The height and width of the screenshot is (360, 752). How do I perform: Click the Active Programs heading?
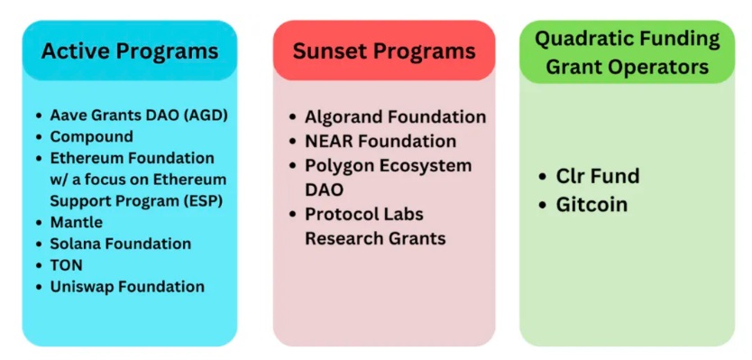(x=130, y=51)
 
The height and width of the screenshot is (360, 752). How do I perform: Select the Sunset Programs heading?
(x=384, y=51)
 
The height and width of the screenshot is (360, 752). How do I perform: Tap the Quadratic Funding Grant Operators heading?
(x=628, y=52)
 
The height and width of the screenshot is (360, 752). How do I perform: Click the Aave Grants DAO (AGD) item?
(x=139, y=115)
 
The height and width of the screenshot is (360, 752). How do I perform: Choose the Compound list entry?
(x=92, y=137)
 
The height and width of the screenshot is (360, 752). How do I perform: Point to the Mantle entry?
(x=77, y=222)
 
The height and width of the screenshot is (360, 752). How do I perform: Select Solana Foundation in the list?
(x=121, y=244)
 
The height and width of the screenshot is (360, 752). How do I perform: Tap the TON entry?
(x=66, y=265)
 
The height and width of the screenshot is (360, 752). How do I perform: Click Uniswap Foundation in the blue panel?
(x=127, y=287)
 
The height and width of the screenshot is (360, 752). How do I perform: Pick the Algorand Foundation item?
(x=395, y=116)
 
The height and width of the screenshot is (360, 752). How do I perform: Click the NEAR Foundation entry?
(x=381, y=141)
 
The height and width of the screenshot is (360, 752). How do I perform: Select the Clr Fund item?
(x=598, y=176)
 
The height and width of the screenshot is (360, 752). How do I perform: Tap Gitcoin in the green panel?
(x=592, y=205)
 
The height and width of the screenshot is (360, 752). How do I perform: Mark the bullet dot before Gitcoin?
(x=543, y=206)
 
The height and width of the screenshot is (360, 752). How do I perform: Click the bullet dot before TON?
(x=39, y=266)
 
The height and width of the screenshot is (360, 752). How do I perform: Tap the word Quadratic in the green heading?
(x=580, y=39)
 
